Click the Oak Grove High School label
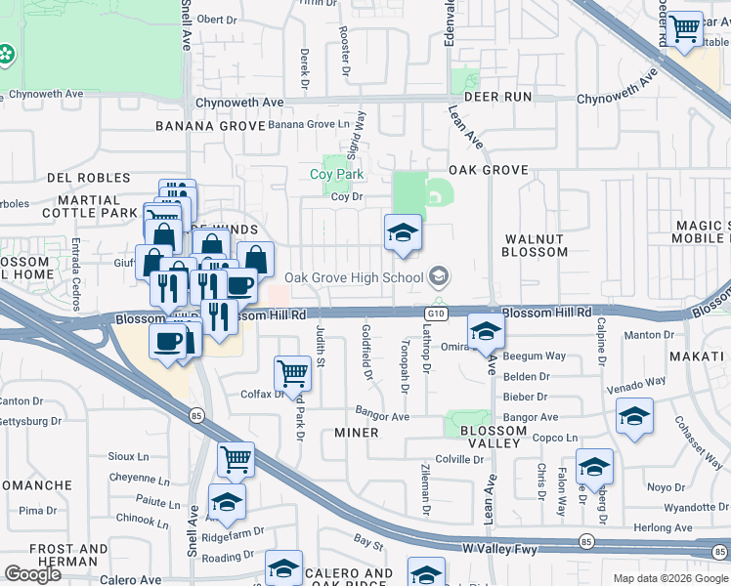[x=353, y=277]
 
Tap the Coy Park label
[x=336, y=174]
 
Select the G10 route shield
[x=436, y=313]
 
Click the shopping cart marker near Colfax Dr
[x=293, y=372]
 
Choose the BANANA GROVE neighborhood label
[x=211, y=126]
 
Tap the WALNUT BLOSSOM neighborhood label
[x=535, y=245]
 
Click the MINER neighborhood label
[x=356, y=433]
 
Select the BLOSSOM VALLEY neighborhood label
[x=493, y=437]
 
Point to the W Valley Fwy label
[x=500, y=551]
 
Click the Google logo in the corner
[x=32, y=574]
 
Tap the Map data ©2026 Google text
[x=670, y=578]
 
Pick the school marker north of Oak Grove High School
[x=403, y=233]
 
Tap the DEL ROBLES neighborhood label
[x=88, y=178]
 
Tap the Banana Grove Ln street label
[x=308, y=124]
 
